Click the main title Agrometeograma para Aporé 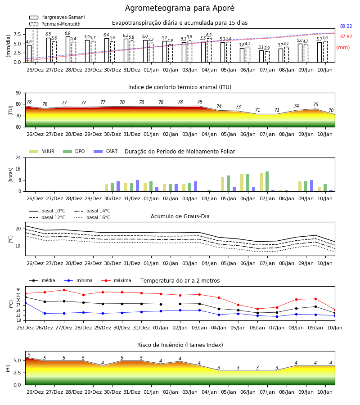(x=180, y=8)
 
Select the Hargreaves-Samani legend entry (x=57, y=17)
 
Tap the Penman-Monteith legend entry (x=55, y=24)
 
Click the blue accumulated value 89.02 (x=346, y=27)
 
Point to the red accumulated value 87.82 (x=346, y=37)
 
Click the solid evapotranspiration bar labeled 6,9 (x=68, y=49)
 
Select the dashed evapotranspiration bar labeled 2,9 (x=267, y=57)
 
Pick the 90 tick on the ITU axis (x=18, y=93)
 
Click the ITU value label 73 (x=238, y=107)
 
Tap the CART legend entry (x=106, y=151)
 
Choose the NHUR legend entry (x=42, y=151)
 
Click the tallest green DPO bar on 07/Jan (x=267, y=181)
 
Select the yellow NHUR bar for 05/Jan (x=223, y=184)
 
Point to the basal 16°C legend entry (x=92, y=217)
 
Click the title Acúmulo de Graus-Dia (x=180, y=216)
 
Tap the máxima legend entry (x=117, y=280)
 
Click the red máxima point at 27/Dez (x=64, y=290)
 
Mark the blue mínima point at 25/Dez (x=26, y=303)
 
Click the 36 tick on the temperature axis (x=18, y=290)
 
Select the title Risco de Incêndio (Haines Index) (x=180, y=345)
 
